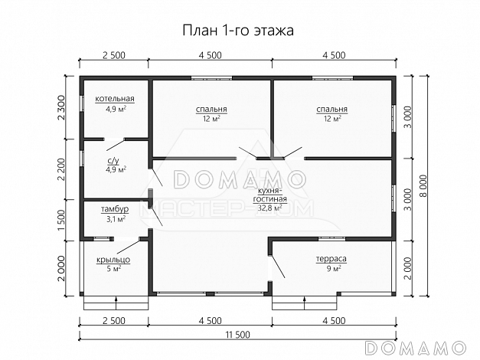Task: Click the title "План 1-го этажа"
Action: point(238,30)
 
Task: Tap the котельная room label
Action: point(115,100)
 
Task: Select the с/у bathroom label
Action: point(113,160)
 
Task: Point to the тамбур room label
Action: point(115,209)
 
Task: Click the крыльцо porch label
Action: point(113,260)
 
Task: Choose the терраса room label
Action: point(331,259)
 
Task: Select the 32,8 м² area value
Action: point(271,207)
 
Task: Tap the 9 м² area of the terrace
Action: point(331,269)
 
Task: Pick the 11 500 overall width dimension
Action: point(237,335)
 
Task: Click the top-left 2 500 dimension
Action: point(114,54)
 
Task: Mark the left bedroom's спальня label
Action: point(211,109)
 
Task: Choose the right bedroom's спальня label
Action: point(331,109)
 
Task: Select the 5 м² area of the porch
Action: point(113,269)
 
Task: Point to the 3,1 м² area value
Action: point(115,219)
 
